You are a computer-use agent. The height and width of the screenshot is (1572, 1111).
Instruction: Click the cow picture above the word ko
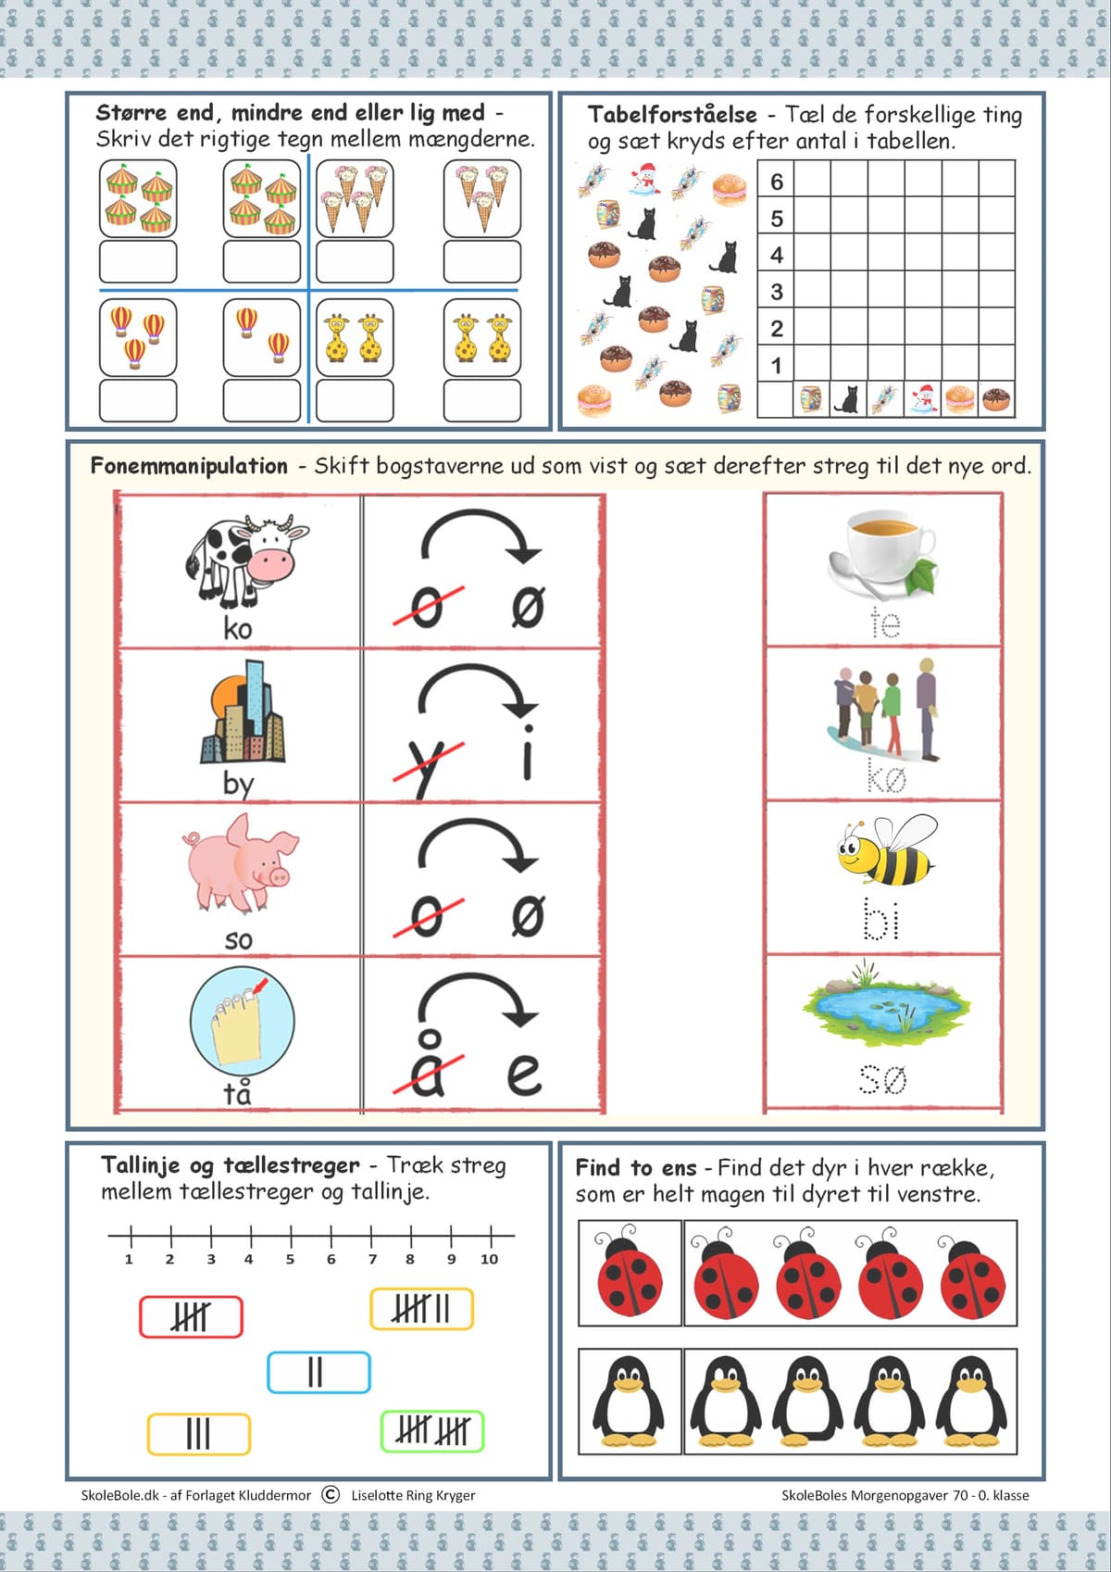[x=246, y=561]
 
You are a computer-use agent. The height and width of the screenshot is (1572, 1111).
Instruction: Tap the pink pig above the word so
[x=241, y=863]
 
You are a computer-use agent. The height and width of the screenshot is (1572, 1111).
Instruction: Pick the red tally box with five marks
[x=191, y=1316]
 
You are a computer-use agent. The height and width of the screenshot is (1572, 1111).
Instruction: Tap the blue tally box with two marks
[x=318, y=1372]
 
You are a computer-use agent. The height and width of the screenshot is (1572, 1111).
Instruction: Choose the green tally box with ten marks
[x=432, y=1431]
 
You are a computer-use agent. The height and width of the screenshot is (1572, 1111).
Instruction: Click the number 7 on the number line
[x=372, y=1259]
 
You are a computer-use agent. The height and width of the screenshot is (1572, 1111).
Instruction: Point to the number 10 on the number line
[x=489, y=1259]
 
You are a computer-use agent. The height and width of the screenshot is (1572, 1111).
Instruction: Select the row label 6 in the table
[x=777, y=182]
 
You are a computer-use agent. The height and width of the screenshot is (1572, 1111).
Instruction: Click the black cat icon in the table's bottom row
[x=848, y=399]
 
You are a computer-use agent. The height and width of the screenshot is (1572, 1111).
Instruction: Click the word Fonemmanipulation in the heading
[x=189, y=465]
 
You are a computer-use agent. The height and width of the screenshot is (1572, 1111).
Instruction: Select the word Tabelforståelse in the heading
[x=672, y=114]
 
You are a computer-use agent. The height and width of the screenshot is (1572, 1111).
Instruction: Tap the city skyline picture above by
[x=243, y=711]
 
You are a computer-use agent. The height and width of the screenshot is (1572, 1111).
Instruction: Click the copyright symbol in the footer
[x=331, y=1495]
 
